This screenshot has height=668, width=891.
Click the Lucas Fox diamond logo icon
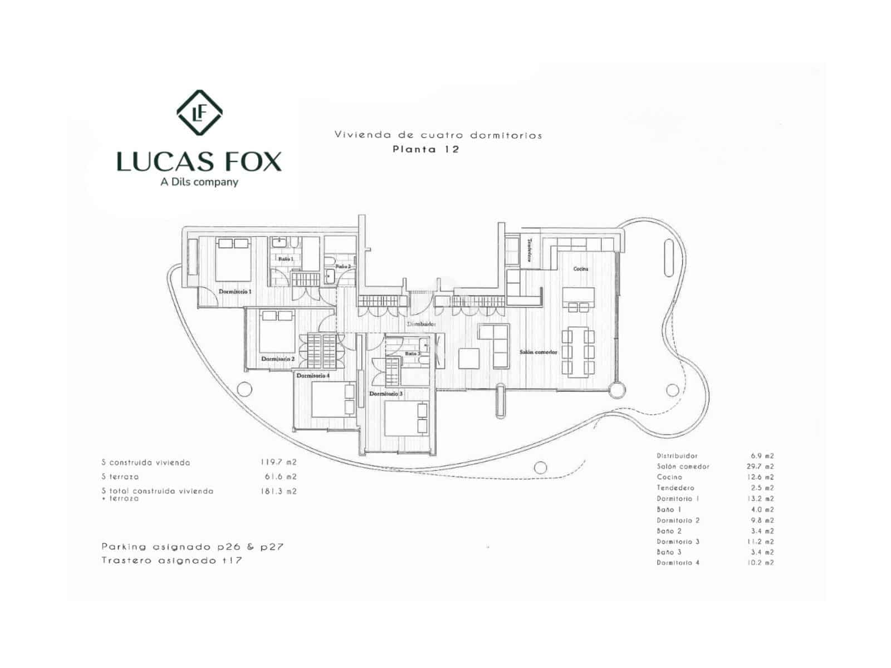click(x=199, y=112)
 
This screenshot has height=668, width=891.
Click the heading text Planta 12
click(x=425, y=149)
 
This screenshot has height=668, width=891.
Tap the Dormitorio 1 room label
click(x=235, y=292)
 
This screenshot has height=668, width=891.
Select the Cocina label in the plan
click(x=581, y=269)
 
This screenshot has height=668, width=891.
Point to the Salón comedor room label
click(x=538, y=352)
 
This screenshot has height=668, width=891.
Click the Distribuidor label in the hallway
click(x=421, y=324)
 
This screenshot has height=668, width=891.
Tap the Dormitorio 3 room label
click(x=386, y=394)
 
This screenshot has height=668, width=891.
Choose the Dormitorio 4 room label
click(x=313, y=376)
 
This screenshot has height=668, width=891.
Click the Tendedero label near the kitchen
click(x=530, y=250)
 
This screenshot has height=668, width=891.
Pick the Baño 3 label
click(x=413, y=354)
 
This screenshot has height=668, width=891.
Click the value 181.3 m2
click(x=278, y=492)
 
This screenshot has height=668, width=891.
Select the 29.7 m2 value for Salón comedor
click(x=760, y=466)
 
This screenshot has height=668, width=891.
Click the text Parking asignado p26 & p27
click(x=193, y=547)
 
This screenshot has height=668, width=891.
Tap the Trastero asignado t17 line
click(x=172, y=561)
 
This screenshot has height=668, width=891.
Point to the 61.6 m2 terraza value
click(x=281, y=477)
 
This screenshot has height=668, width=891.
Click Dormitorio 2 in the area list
click(x=678, y=520)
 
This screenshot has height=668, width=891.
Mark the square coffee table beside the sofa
click(x=469, y=358)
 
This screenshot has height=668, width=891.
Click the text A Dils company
click(x=199, y=182)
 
